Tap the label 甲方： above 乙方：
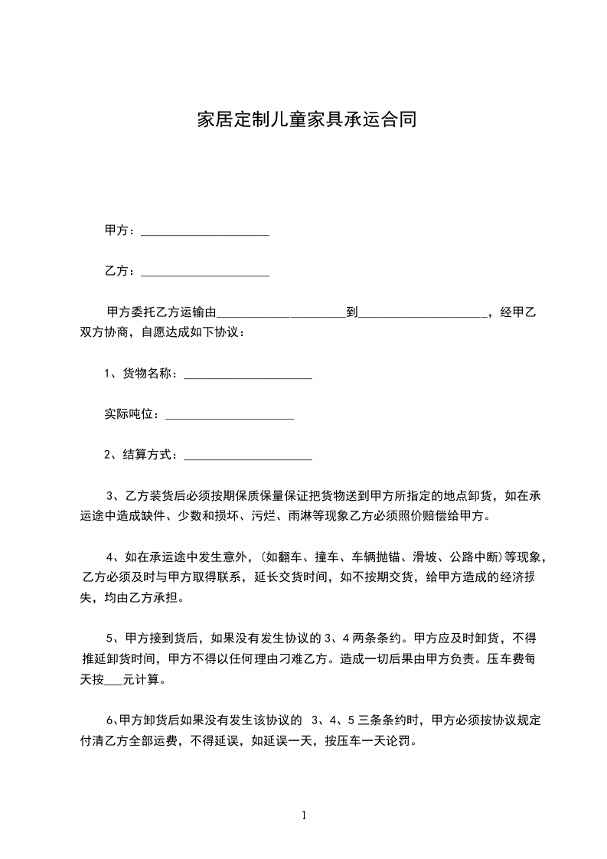(x=120, y=230)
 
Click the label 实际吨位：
(x=132, y=414)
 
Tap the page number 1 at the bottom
(x=304, y=815)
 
